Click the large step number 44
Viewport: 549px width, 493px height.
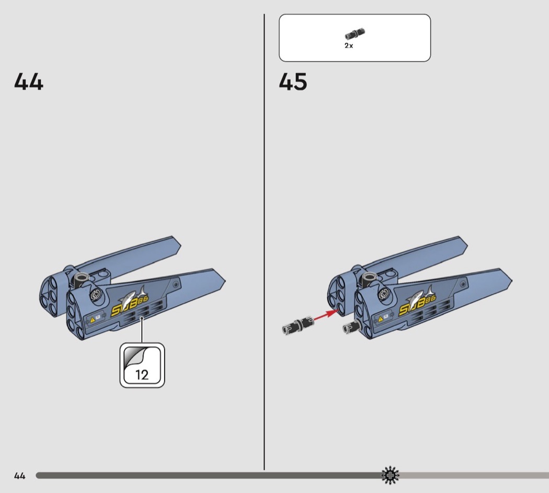coord(29,82)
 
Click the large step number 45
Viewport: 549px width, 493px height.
coord(293,82)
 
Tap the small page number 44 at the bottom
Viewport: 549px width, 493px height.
coord(20,476)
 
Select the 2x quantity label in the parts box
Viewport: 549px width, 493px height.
coord(349,46)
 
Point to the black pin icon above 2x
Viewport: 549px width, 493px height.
coord(355,34)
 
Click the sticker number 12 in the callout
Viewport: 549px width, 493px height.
coord(142,375)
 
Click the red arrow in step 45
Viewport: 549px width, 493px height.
coord(326,315)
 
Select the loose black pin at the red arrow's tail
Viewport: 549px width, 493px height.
coord(298,324)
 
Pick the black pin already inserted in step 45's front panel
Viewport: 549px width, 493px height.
coord(351,327)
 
